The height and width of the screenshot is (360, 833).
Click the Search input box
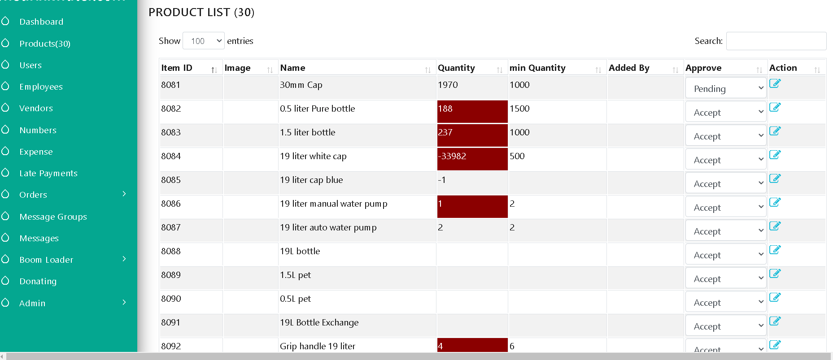[776, 41]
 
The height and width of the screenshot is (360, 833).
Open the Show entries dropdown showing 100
[204, 41]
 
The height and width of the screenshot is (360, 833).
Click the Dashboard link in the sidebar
[41, 22]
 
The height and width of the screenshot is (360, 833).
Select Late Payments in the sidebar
[48, 173]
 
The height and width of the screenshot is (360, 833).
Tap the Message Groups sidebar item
[53, 217]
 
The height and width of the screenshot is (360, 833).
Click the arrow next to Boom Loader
[124, 259]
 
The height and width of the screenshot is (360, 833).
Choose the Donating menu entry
[38, 281]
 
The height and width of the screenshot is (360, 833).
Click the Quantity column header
[456, 68]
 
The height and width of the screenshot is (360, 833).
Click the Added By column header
[629, 68]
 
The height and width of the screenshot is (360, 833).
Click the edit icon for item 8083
[775, 130]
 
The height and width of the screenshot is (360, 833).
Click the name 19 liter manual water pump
[334, 204]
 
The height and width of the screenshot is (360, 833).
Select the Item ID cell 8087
[171, 227]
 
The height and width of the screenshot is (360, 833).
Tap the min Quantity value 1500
[519, 108]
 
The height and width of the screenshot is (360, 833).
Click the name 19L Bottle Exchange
[319, 322]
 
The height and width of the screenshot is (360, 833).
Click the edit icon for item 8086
[775, 202]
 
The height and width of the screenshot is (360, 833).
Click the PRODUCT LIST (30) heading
[201, 12]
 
